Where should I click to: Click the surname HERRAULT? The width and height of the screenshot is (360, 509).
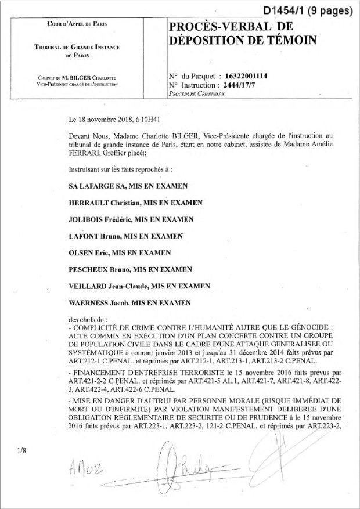(91, 203)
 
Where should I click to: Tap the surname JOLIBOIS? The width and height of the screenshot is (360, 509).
(89, 220)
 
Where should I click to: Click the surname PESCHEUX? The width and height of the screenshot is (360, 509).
(89, 270)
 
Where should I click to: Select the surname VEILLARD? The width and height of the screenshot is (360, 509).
(88, 286)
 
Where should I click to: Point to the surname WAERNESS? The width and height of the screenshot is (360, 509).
(90, 303)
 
